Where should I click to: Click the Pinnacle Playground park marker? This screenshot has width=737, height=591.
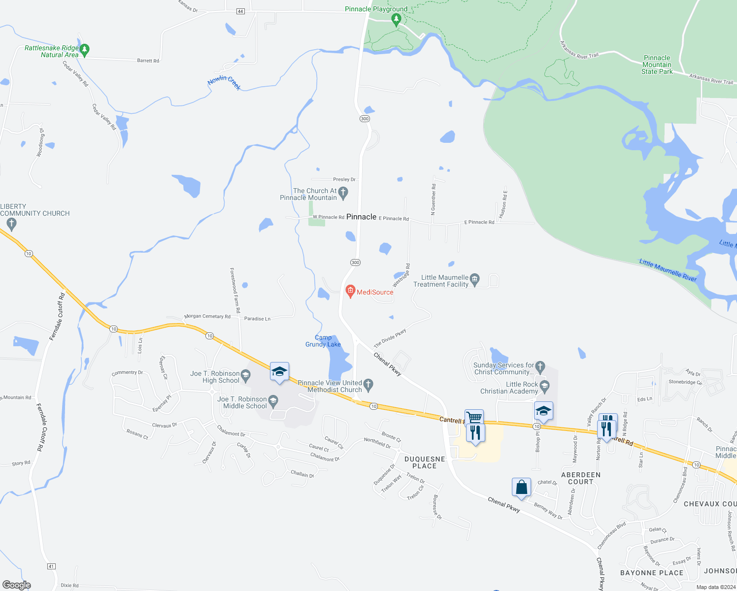(396, 19)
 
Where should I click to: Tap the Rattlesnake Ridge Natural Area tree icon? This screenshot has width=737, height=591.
(84, 49)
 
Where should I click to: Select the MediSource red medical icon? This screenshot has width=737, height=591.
(350, 291)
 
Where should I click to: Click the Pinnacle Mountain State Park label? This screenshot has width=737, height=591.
(657, 65)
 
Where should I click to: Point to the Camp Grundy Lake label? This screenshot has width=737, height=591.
(323, 341)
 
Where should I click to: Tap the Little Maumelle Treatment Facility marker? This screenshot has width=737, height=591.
(474, 279)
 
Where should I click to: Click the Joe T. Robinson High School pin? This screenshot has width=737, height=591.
(245, 375)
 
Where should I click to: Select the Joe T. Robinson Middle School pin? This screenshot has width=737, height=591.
(273, 400)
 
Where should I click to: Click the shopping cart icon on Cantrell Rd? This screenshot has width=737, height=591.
(474, 418)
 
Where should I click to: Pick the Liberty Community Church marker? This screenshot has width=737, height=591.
(12, 224)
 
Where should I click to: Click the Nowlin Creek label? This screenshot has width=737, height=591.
(224, 82)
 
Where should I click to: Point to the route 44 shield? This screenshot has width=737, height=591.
(240, 11)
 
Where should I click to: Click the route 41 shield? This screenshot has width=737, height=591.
(51, 566)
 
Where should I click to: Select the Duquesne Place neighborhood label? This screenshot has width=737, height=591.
(425, 462)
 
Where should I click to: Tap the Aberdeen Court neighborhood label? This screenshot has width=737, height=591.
(581, 478)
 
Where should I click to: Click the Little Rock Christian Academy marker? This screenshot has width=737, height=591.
(544, 386)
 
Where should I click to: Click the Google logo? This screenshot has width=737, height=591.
(17, 585)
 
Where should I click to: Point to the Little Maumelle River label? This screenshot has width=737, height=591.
(668, 270)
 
